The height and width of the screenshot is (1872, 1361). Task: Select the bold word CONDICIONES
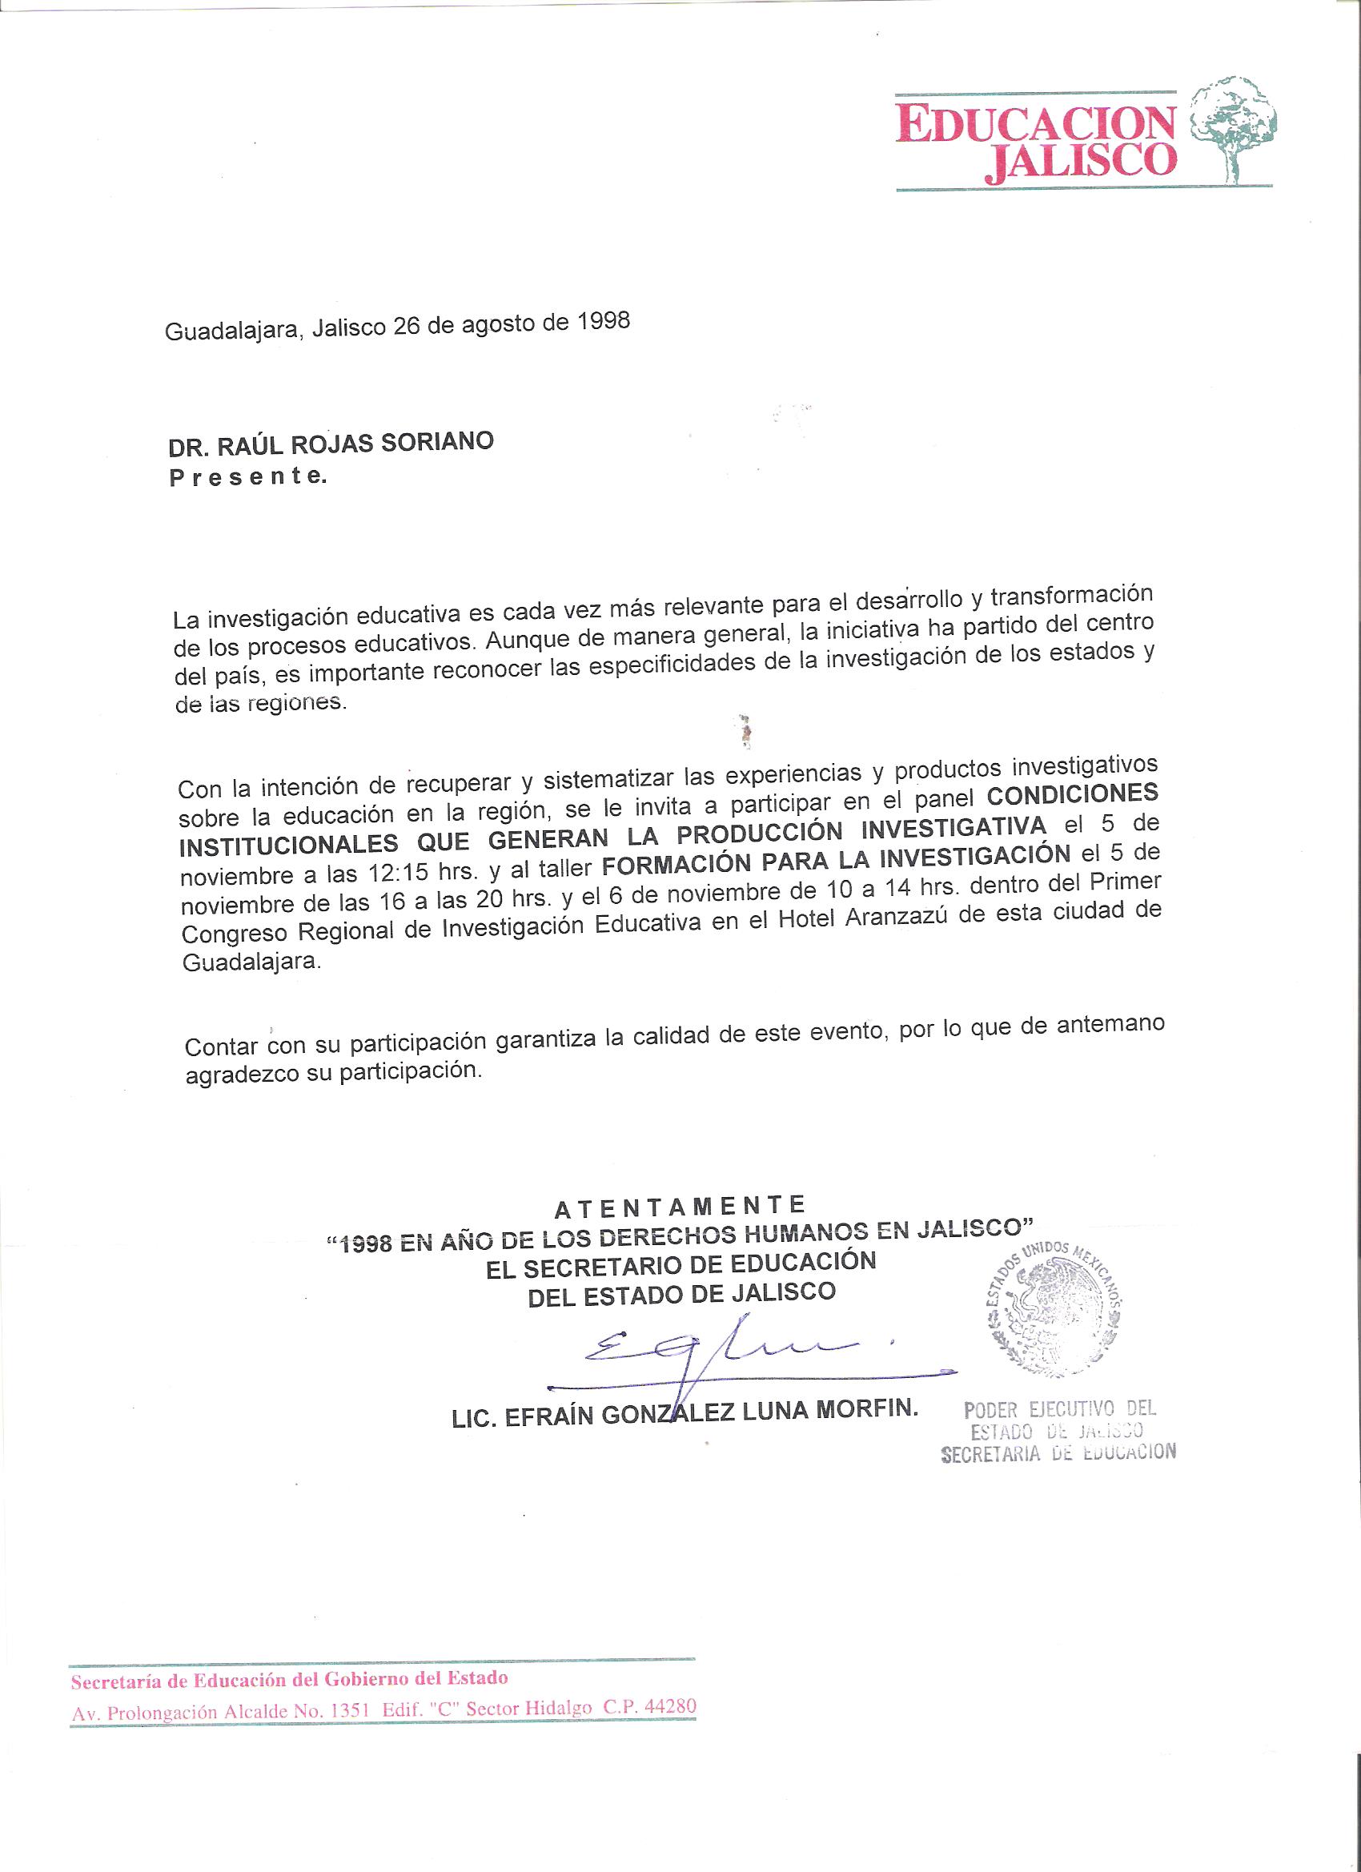click(x=1072, y=794)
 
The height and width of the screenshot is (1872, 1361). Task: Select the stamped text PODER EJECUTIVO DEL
click(x=1060, y=1408)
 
